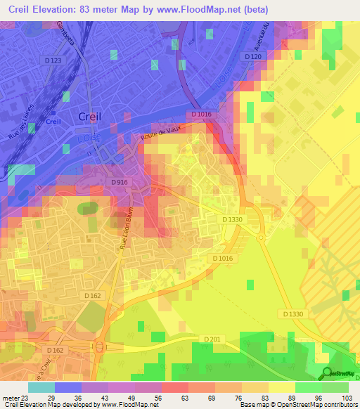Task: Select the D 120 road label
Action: point(252,56)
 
